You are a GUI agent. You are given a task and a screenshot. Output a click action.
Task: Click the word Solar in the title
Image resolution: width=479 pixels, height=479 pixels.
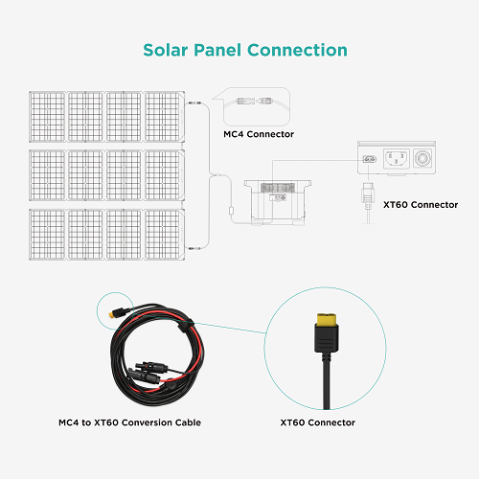(x=166, y=50)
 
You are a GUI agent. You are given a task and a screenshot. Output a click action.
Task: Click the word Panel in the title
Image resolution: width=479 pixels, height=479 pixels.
(x=217, y=50)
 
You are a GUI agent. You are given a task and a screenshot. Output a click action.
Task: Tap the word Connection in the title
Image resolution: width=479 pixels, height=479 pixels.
(x=297, y=50)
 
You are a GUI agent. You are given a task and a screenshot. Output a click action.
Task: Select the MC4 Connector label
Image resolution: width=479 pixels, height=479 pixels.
(x=259, y=134)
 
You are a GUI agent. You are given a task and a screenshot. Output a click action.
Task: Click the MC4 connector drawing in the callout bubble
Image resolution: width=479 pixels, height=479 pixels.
(x=255, y=102)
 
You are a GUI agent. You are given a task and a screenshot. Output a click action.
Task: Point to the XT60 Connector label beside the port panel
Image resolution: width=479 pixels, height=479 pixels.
(x=421, y=205)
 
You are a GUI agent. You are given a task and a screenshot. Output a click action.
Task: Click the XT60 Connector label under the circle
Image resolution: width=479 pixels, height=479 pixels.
(x=318, y=422)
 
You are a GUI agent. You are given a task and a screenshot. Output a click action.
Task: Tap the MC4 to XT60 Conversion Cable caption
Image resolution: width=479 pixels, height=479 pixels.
(x=129, y=422)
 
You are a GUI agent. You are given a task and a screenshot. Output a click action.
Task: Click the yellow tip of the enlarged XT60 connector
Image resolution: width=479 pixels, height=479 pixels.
(x=327, y=319)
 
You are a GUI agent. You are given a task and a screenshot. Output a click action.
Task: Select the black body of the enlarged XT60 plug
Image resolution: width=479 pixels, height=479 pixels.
(x=327, y=338)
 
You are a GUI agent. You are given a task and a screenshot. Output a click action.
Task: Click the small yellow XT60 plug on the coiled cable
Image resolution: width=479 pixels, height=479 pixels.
(x=112, y=314)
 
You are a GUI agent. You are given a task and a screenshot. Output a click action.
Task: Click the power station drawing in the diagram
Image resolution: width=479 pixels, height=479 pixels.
(x=278, y=202)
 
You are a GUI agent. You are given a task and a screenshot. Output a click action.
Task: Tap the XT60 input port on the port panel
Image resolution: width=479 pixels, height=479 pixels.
(x=370, y=159)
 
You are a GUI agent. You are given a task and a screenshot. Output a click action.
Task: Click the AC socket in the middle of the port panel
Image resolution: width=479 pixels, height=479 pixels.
(x=397, y=158)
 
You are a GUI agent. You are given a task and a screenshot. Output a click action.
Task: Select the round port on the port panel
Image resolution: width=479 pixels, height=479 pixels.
(x=422, y=158)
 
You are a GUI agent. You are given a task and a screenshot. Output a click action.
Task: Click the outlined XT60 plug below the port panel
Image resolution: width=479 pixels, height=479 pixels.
(x=368, y=194)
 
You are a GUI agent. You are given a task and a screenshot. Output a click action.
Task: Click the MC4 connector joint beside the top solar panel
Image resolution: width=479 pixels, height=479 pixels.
(x=194, y=103)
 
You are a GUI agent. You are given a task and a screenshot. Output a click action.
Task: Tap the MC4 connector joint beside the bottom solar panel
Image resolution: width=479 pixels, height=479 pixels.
(x=194, y=248)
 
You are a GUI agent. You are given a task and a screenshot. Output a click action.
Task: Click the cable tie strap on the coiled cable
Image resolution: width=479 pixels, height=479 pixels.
(x=183, y=327)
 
